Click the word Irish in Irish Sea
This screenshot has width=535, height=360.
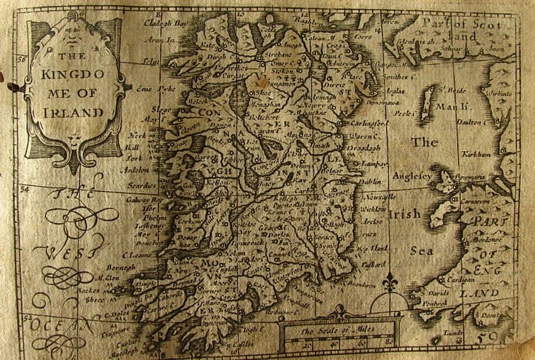pyautogui.click(x=412, y=215)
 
